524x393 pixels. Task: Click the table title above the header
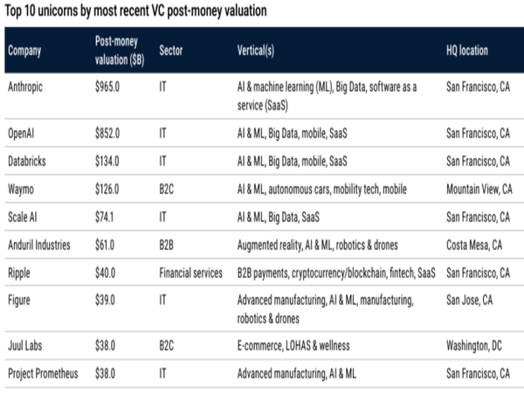[135, 11]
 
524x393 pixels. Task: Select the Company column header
[24, 51]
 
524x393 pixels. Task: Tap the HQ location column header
[467, 51]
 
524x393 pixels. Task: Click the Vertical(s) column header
[256, 51]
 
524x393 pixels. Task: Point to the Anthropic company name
[25, 86]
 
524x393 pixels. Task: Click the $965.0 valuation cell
[107, 86]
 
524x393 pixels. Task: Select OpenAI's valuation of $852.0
[107, 134]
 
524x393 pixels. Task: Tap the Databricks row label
[27, 161]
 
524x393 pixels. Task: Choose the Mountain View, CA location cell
[479, 190]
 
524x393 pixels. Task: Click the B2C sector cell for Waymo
[167, 190]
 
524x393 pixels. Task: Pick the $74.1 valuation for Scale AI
[104, 217]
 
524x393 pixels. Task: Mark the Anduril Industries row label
[39, 245]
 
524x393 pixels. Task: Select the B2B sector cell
[167, 245]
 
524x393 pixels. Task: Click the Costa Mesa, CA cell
[474, 245]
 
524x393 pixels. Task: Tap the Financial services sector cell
[190, 273]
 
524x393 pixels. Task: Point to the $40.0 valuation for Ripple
[105, 273]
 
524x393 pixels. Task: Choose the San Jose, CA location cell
[470, 300]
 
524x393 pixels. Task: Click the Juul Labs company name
[25, 345]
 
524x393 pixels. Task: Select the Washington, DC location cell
[474, 346]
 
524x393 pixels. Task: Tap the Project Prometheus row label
[43, 373]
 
